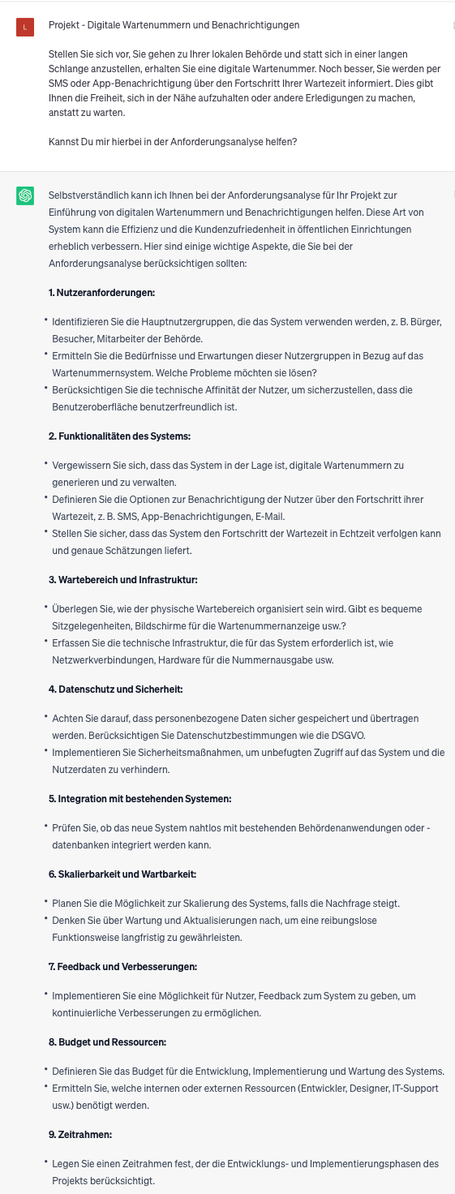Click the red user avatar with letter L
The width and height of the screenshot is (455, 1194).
[x=25, y=28]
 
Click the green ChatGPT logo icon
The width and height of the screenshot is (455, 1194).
[x=25, y=195]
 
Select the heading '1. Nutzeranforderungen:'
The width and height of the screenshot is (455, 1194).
[x=101, y=292]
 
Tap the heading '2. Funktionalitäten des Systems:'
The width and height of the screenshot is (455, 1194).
[x=119, y=436]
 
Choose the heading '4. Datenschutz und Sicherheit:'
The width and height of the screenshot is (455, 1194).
[x=115, y=689]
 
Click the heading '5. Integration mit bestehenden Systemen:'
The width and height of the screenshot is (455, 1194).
[x=140, y=799]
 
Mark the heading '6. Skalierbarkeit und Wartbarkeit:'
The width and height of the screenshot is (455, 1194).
[x=122, y=874]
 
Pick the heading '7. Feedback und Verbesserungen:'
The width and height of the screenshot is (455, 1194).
[x=122, y=967]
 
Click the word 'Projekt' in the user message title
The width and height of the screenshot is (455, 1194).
[x=63, y=26]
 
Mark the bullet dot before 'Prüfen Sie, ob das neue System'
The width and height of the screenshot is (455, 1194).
[x=46, y=827]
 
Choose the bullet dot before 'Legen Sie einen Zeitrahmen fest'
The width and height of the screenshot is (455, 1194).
[x=46, y=1163]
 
